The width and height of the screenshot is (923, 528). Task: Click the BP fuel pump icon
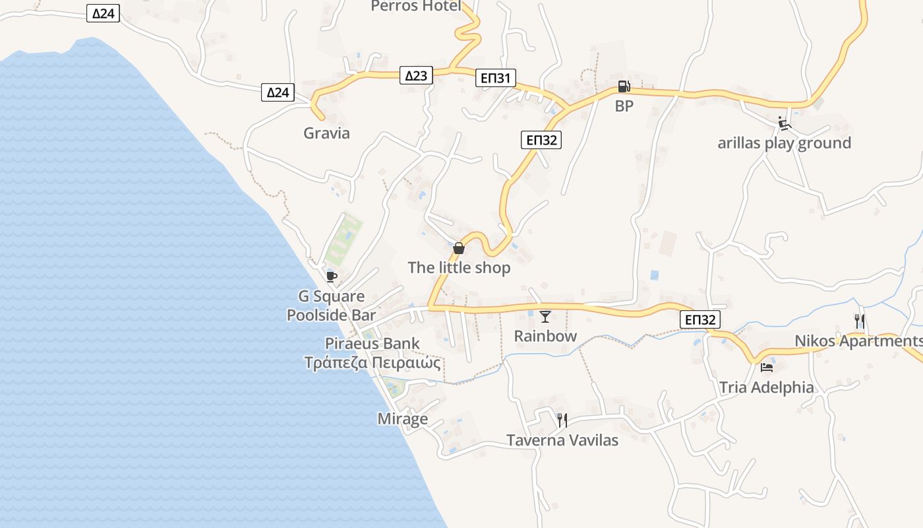624,86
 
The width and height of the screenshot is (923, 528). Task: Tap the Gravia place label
326,133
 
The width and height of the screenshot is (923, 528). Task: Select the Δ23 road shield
416,75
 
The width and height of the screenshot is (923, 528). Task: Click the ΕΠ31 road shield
495,79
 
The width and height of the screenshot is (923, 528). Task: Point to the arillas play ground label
784,143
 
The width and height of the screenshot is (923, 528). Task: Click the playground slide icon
784,123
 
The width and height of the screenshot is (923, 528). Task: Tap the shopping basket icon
459,248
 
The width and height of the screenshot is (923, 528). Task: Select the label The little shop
459,267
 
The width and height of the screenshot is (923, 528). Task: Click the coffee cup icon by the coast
332,276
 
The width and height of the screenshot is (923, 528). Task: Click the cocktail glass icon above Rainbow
545,317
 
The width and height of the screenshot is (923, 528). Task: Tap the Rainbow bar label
545,336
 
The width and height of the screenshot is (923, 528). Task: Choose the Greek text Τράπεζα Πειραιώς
372,362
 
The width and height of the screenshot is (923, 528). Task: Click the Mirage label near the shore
402,418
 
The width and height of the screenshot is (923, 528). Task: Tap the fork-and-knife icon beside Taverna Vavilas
562,420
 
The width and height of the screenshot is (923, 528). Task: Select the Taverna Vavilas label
562,440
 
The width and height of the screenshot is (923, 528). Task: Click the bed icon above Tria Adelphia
766,367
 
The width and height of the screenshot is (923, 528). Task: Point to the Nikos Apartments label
858,341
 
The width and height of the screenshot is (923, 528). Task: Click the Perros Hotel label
415,6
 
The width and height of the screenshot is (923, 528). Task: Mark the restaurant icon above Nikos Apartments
859,321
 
